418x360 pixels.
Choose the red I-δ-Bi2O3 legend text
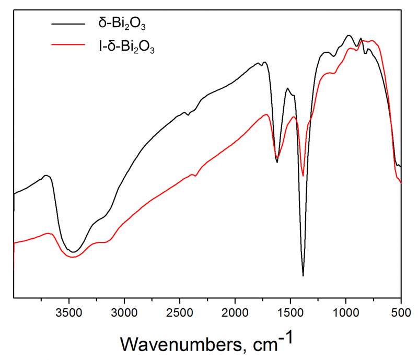click(x=126, y=48)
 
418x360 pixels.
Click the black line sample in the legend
click(x=67, y=23)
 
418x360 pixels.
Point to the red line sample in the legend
click(x=67, y=45)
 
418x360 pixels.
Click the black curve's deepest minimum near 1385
click(x=303, y=275)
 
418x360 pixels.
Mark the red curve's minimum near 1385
click(x=303, y=176)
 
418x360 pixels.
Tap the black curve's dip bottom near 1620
click(x=277, y=162)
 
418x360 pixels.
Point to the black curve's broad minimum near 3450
click(x=74, y=252)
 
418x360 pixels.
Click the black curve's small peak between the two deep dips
click(x=288, y=88)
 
